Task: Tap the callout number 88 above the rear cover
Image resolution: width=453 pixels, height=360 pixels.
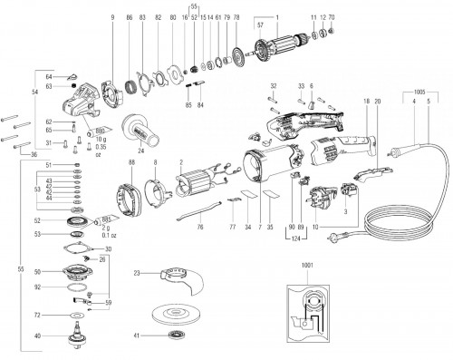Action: click(131, 161)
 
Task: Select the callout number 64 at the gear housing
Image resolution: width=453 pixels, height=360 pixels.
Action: click(50, 78)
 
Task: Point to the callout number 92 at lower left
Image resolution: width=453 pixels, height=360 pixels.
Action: click(37, 287)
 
